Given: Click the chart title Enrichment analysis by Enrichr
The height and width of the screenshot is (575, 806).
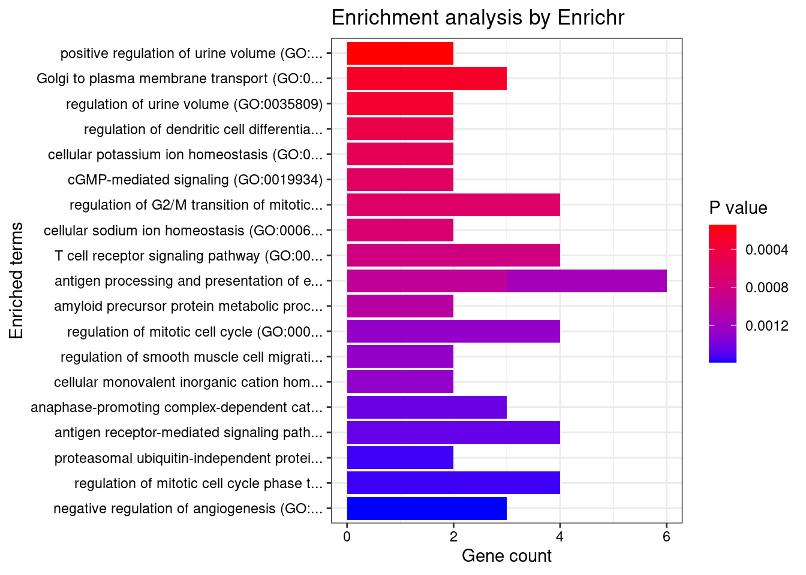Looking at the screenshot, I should [x=477, y=18].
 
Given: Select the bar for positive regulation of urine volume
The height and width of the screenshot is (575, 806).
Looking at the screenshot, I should [x=400, y=53].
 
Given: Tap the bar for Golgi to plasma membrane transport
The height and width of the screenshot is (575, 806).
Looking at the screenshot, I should [x=426, y=78].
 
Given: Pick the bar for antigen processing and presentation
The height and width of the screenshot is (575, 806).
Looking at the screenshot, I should [x=506, y=281].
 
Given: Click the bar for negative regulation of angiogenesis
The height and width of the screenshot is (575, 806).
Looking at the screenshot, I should [x=426, y=509].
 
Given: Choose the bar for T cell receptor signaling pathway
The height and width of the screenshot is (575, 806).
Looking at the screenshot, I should [x=453, y=256].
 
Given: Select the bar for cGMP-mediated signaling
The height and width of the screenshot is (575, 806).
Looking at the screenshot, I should [x=400, y=180].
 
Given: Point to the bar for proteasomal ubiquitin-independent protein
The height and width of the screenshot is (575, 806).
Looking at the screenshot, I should [x=400, y=458].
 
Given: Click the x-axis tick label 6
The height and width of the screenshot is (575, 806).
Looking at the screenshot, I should [x=666, y=537].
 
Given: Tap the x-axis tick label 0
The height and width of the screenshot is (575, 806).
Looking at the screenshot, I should [x=347, y=537].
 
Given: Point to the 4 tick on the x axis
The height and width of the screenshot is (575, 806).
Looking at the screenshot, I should [x=560, y=537].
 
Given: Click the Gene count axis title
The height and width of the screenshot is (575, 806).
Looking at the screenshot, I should [x=506, y=556].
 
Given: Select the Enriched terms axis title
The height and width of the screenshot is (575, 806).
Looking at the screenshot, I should [x=17, y=280].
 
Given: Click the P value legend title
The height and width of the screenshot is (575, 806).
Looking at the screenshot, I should [x=738, y=208].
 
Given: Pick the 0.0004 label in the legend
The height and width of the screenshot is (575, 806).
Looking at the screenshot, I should [x=766, y=250].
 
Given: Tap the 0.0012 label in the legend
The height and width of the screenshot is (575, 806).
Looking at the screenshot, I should [x=766, y=326].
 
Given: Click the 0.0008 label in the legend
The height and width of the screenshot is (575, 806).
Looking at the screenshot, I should [x=766, y=288].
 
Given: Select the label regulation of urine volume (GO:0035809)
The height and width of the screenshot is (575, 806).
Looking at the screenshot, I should [x=194, y=104].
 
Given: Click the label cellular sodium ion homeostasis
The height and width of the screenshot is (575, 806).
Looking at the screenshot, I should [x=183, y=231].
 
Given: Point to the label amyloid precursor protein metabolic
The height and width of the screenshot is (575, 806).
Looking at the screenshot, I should [x=188, y=307].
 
